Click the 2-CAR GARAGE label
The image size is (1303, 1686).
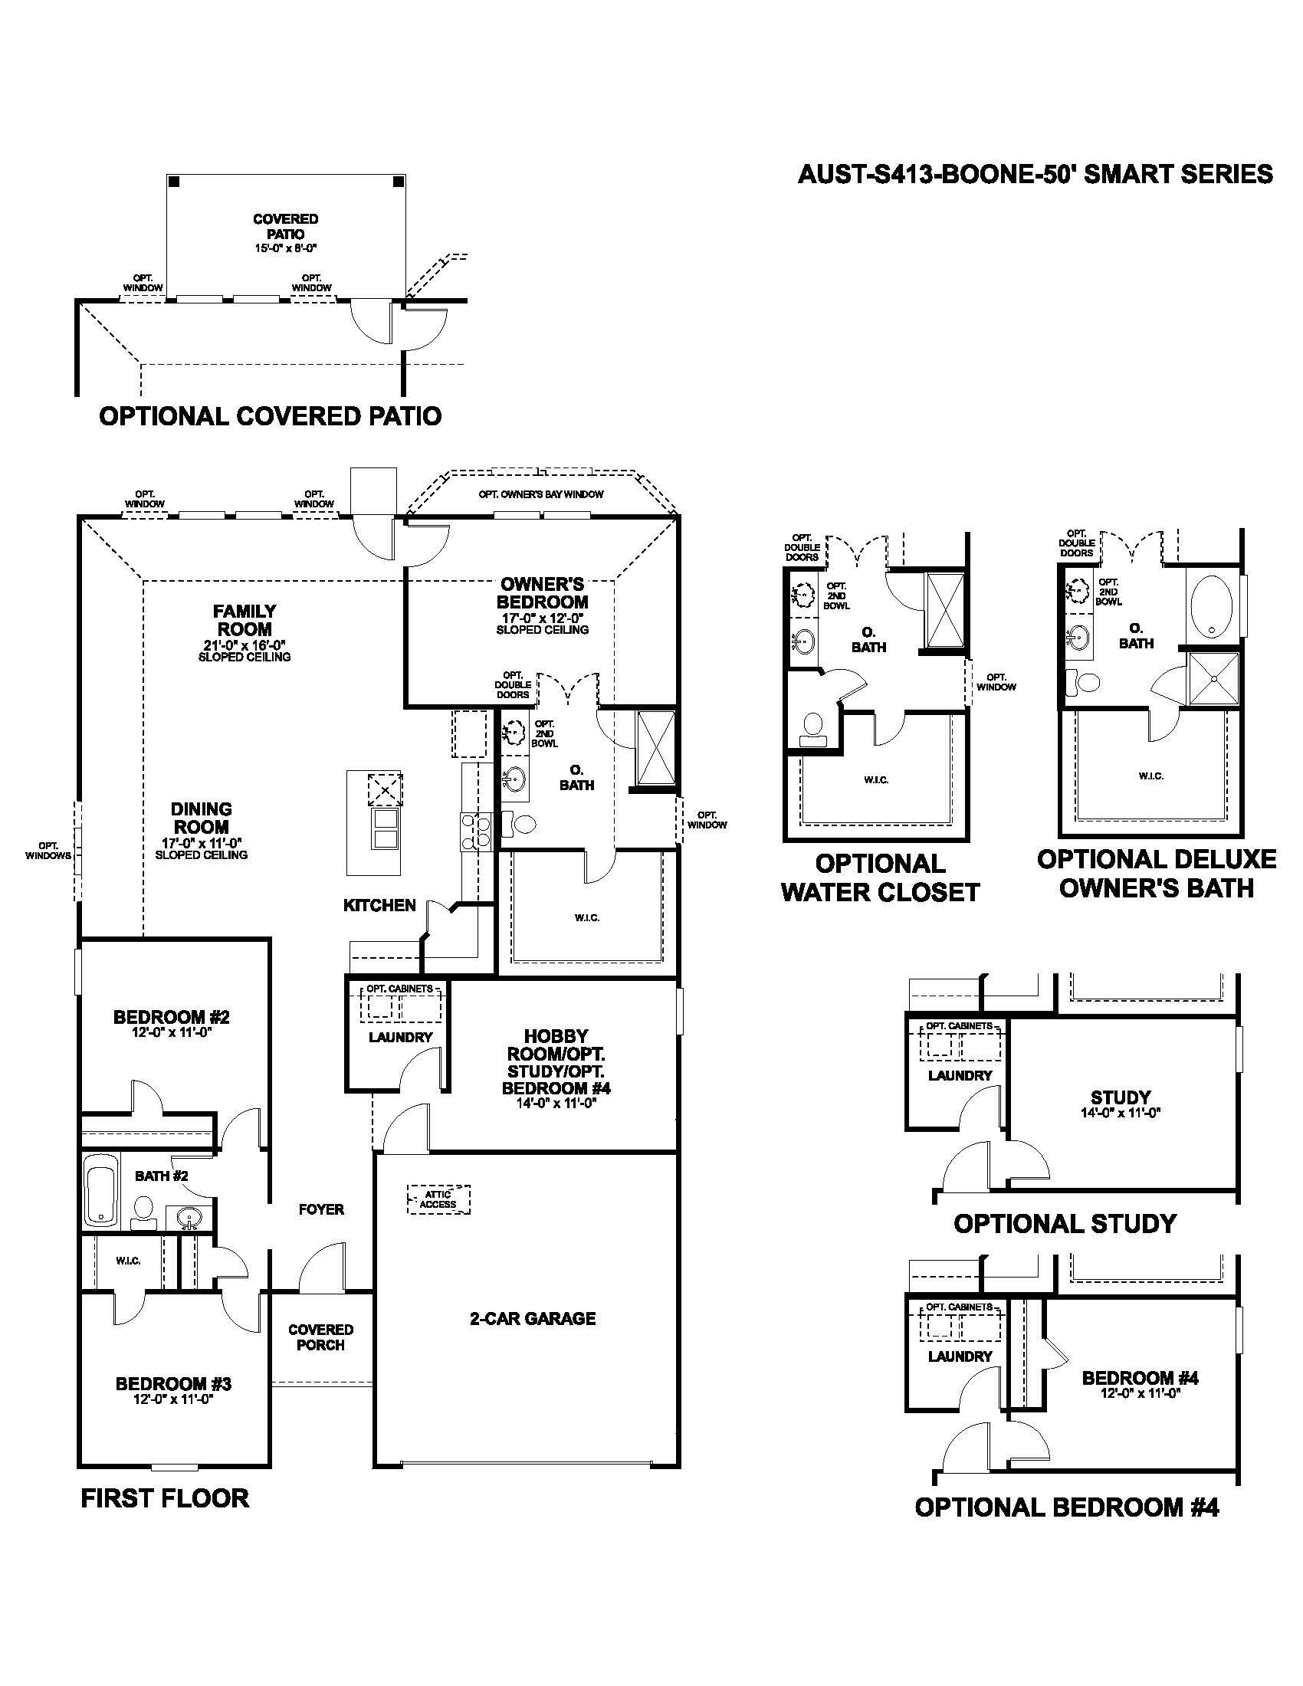tap(533, 1319)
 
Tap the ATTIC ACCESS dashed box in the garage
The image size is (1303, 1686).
tap(438, 1199)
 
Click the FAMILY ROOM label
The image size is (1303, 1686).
tap(245, 620)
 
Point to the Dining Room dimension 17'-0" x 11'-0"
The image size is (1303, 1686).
tap(202, 843)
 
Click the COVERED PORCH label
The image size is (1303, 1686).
tap(320, 1337)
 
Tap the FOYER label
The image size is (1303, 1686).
tap(321, 1209)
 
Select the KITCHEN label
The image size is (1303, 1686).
tap(379, 905)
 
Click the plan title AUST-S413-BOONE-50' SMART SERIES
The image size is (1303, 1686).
tap(1035, 175)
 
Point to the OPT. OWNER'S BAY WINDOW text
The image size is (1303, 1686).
tap(540, 494)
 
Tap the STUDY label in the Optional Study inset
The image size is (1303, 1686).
tap(1120, 1097)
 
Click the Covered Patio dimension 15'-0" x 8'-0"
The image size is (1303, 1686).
tap(285, 248)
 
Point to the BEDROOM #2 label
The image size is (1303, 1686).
tap(172, 1018)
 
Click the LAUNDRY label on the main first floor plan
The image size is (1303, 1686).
tap(400, 1037)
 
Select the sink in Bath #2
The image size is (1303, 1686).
tap(189, 1219)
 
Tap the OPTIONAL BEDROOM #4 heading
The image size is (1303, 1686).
tap(1066, 1507)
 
